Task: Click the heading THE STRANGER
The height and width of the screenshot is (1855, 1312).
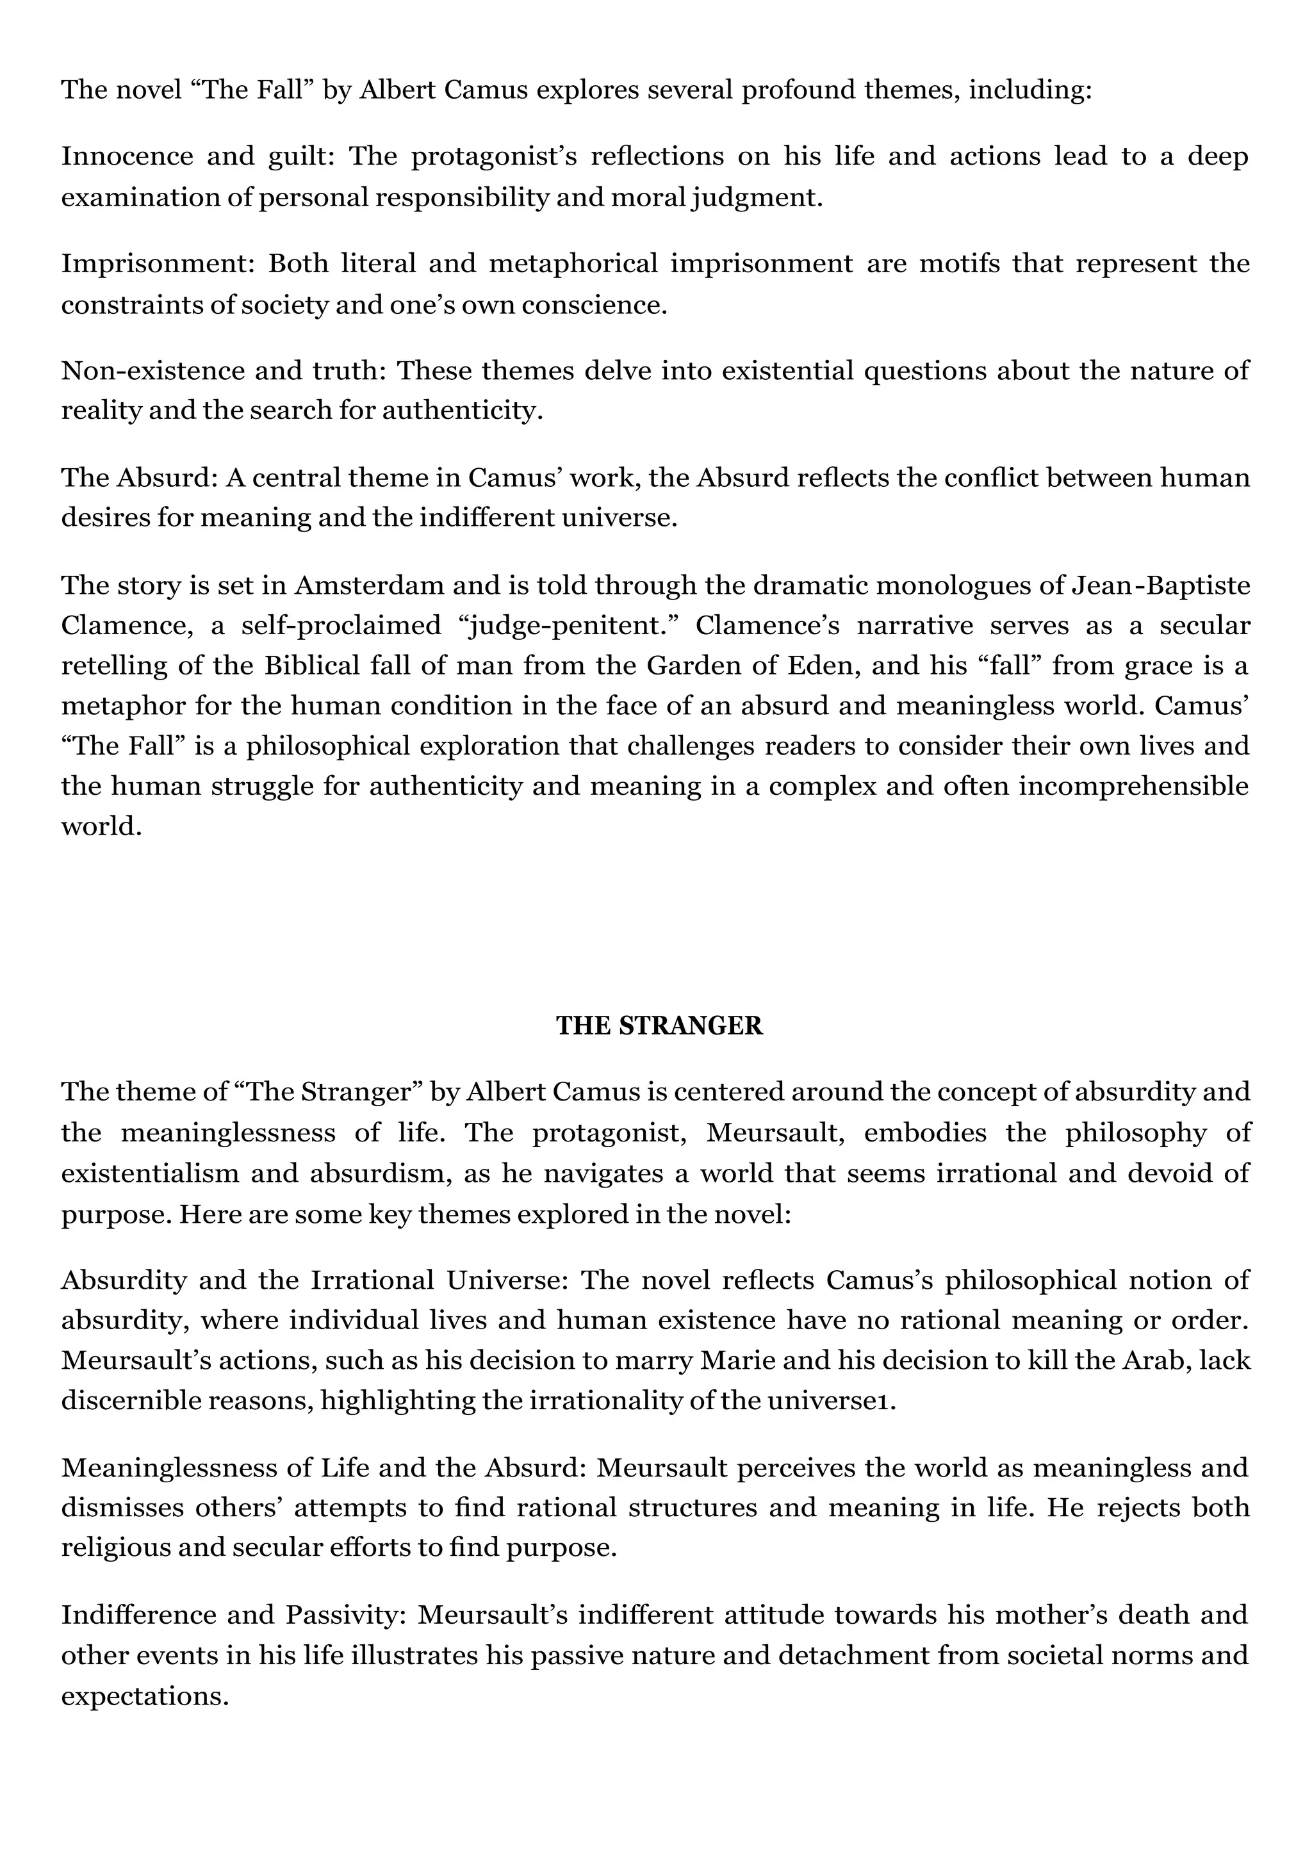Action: click(x=659, y=1026)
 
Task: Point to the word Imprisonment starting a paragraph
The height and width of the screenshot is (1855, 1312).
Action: click(x=158, y=263)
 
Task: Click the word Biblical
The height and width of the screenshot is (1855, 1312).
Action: click(x=315, y=665)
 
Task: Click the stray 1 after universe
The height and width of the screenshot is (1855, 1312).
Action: click(x=892, y=1401)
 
